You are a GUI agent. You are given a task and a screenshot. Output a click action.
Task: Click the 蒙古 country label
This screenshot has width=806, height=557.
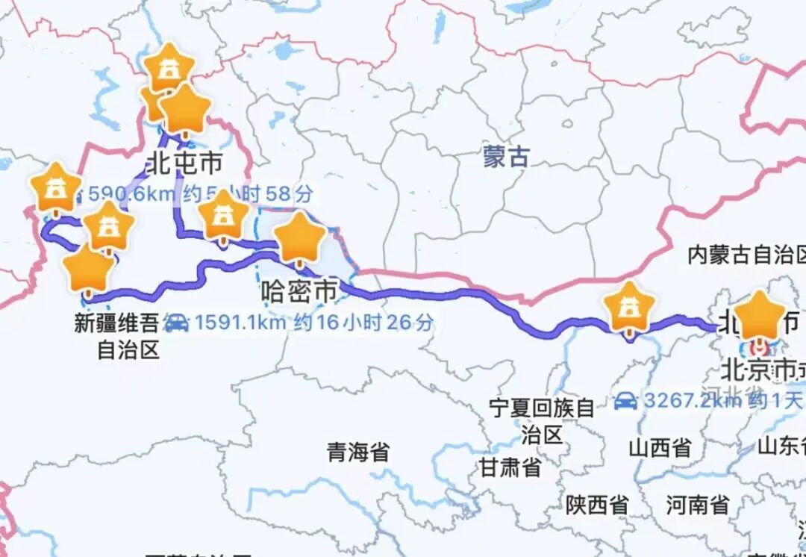pos(506,158)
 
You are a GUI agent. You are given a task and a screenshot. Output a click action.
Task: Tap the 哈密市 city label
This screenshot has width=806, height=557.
pos(299,292)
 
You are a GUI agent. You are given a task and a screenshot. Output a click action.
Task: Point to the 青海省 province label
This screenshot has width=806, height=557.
pos(358,452)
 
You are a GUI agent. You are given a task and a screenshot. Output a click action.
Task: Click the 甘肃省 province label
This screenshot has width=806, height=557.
pos(510,468)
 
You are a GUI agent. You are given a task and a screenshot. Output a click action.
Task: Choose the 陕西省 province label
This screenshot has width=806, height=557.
pos(596,505)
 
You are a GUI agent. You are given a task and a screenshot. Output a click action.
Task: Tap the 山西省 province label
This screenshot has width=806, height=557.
pos(660,448)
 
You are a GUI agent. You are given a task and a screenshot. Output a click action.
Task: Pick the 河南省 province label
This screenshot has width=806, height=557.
pos(698,505)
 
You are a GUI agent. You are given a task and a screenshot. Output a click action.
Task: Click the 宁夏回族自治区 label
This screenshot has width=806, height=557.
pos(543,421)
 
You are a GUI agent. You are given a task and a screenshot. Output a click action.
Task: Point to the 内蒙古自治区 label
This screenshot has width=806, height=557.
pos(746,255)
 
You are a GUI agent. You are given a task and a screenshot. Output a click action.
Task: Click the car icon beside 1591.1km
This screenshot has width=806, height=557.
pos(176,323)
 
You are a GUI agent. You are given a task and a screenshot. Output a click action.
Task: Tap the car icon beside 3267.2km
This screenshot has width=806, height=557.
pos(625,401)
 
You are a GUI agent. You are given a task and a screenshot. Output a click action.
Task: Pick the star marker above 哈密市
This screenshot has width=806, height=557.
pos(299,237)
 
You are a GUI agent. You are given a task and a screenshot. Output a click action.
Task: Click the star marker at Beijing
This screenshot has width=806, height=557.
pos(760,315)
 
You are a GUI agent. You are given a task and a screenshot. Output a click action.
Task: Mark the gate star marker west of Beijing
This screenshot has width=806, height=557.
pos(631,306)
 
